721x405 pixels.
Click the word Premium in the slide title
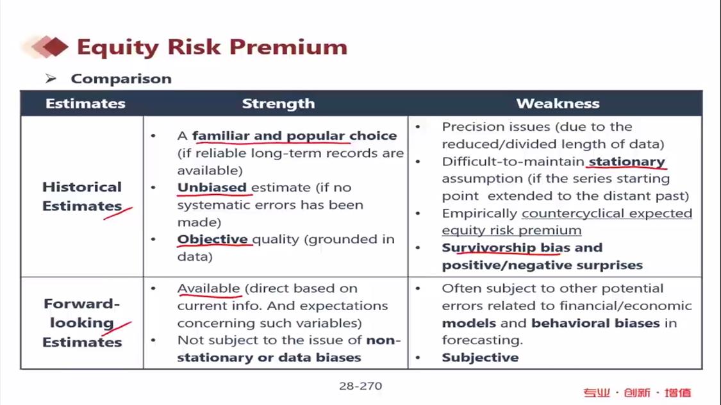(x=288, y=47)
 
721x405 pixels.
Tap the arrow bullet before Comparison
(x=51, y=79)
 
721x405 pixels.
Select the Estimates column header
(x=85, y=103)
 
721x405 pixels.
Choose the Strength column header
(x=278, y=103)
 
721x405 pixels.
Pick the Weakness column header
(x=558, y=103)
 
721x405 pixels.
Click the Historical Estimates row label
(x=82, y=196)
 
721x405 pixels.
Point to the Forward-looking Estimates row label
(x=82, y=323)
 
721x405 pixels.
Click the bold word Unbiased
(x=212, y=188)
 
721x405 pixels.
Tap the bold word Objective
(x=212, y=239)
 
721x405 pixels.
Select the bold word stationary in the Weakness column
(x=627, y=162)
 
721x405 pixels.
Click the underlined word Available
(x=209, y=288)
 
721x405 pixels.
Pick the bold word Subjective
(x=480, y=358)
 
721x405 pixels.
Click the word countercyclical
(x=573, y=213)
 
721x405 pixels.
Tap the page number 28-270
(x=360, y=386)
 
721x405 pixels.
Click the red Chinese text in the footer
(x=637, y=393)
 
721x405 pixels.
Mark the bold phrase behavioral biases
(x=595, y=323)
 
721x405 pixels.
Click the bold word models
(x=469, y=323)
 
